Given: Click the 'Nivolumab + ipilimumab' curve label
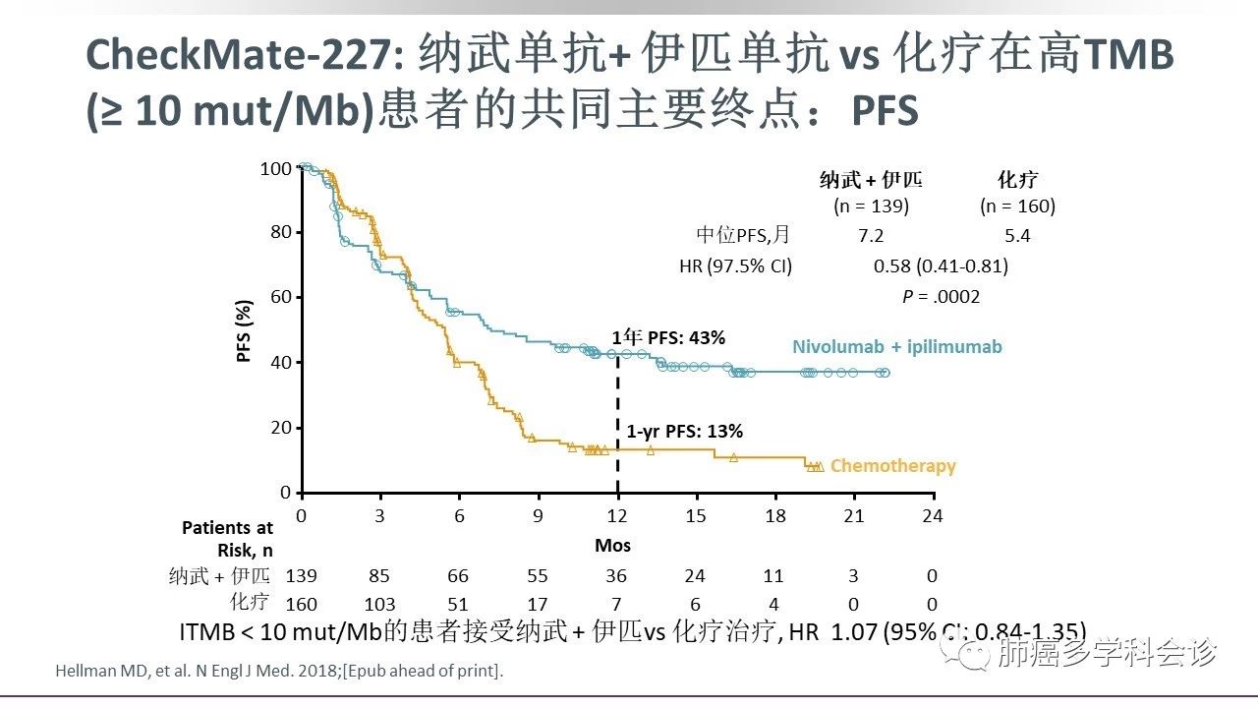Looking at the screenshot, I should coord(897,346).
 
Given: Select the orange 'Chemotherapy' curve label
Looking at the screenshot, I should coord(892,466).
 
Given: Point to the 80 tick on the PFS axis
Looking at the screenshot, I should coord(280,232).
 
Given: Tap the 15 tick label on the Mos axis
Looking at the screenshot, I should coord(696,516).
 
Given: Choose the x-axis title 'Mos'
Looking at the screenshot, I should coord(612,545).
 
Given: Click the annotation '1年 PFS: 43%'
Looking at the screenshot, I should coord(668,338).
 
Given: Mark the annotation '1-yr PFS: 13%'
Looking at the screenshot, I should coord(684,431).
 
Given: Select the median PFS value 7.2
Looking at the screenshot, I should coord(871,236).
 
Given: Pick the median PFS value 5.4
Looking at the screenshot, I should coord(1017,236).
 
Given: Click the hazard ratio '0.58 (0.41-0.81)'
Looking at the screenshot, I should coord(941,265).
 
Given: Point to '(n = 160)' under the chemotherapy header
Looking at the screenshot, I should coord(1017,206).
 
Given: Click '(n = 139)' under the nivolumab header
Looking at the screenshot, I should coord(871,206).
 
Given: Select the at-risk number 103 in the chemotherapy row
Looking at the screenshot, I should coord(379,604).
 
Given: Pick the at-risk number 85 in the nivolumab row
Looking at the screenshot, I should coord(379,576).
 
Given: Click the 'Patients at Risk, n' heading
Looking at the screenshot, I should coord(227,539).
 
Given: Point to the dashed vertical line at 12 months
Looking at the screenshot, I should coord(617,423).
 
